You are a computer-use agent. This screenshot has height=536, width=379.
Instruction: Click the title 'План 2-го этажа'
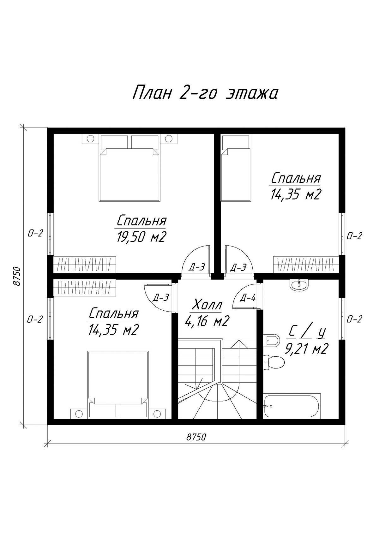(205, 92)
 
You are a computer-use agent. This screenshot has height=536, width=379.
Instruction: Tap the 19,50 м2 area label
(141, 237)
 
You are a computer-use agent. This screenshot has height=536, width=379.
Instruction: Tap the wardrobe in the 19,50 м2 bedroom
(85, 265)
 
